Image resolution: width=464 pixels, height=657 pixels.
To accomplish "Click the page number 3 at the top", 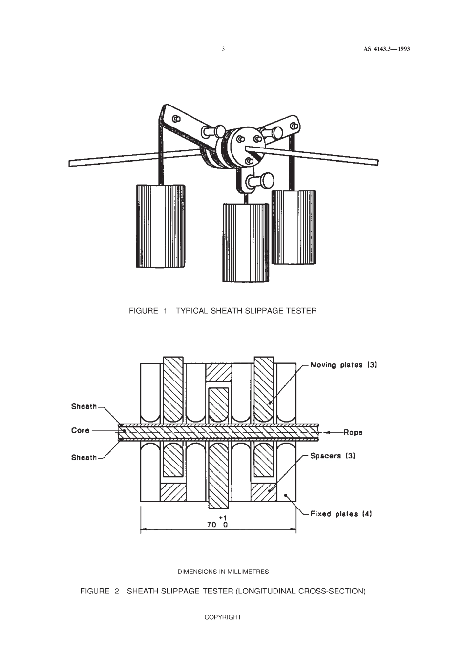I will point(223,49).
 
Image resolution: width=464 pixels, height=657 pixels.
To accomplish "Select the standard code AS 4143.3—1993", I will point(386,49).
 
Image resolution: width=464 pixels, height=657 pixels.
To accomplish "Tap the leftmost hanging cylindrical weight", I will point(161,226).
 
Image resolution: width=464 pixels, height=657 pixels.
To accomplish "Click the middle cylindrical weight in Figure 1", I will point(245,243).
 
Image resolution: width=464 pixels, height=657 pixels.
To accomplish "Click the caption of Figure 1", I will point(223,311).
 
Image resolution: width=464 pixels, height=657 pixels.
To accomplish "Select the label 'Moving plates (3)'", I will point(344,365).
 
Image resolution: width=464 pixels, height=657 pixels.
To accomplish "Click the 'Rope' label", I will point(353,432).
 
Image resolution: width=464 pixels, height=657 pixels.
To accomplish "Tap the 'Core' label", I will point(81,430).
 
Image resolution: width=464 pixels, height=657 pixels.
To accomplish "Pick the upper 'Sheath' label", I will point(84,406).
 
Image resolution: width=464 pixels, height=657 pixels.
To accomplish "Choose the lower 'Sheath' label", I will point(84,457).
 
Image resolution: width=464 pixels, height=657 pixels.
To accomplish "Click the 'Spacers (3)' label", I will point(333,455).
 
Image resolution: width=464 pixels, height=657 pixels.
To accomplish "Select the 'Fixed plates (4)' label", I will point(341,514).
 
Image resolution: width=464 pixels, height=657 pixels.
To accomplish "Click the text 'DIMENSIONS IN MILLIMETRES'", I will point(223,571).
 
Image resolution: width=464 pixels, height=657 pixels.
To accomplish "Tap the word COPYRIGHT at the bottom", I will point(223,617).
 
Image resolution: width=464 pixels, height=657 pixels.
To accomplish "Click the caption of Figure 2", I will point(223,592).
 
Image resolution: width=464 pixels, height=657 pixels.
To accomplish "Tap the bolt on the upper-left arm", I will point(176,119).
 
